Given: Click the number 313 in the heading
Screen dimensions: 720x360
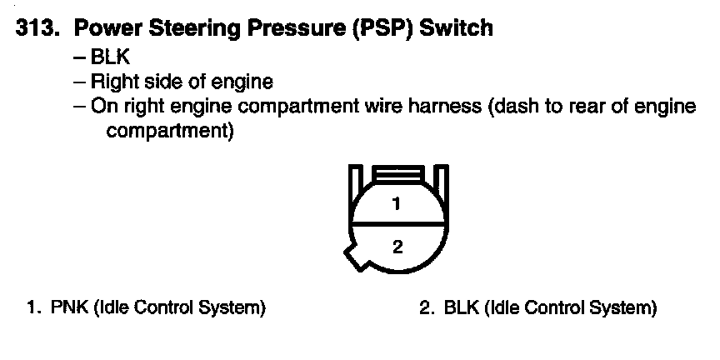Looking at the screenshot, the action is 38,28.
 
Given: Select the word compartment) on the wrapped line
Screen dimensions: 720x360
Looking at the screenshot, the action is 170,131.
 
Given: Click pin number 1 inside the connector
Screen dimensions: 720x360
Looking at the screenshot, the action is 397,203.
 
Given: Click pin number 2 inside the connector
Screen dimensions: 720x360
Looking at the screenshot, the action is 397,246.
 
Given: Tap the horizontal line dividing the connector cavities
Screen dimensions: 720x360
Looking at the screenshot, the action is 397,225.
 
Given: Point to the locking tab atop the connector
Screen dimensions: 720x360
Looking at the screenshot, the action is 397,174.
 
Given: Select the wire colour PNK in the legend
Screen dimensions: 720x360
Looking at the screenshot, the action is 68,308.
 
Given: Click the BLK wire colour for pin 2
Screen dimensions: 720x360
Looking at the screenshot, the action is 462,308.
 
